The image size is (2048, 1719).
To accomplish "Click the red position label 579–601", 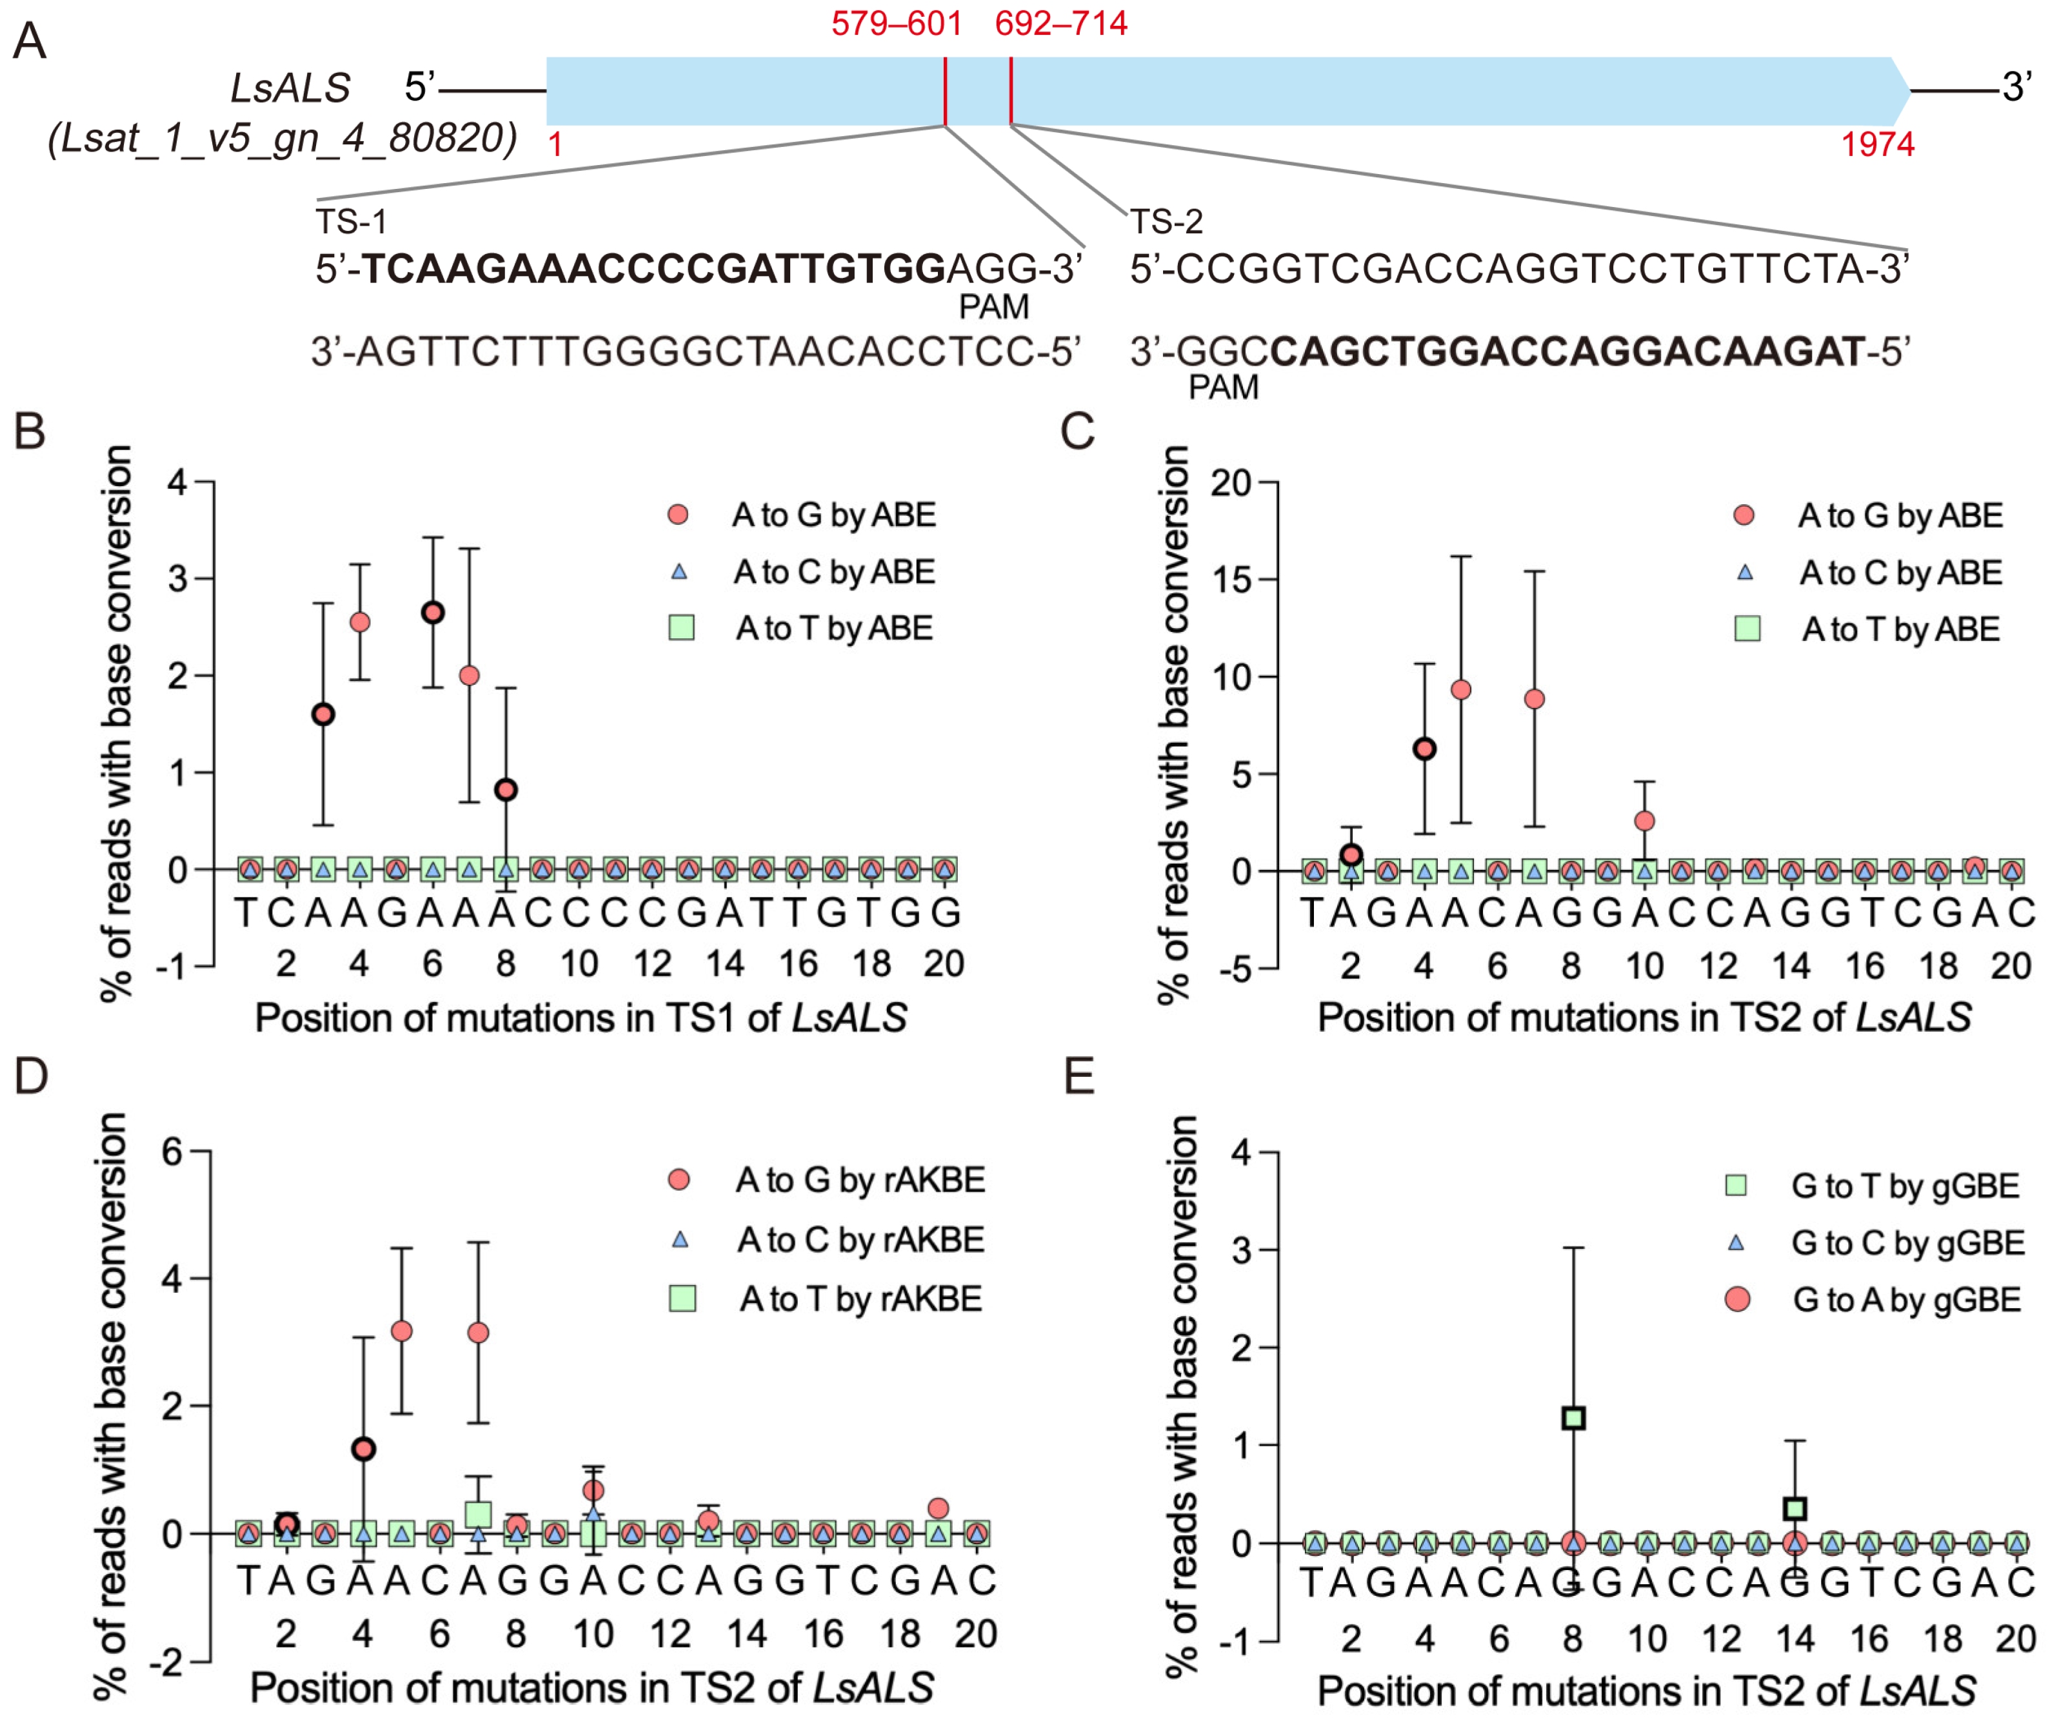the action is (x=896, y=23).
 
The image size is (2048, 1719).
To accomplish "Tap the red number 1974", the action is (x=1877, y=144).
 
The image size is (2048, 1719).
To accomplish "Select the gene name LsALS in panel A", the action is (x=290, y=88).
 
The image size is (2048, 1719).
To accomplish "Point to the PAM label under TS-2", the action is (x=1223, y=387).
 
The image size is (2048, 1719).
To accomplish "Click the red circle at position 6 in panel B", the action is (x=433, y=613).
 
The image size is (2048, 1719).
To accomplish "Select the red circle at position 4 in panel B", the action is (x=360, y=622).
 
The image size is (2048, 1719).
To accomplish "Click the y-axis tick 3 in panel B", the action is (x=177, y=578).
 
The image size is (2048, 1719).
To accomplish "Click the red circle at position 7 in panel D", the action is (x=478, y=1332).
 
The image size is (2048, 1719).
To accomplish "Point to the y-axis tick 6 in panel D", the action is (x=173, y=1152).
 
